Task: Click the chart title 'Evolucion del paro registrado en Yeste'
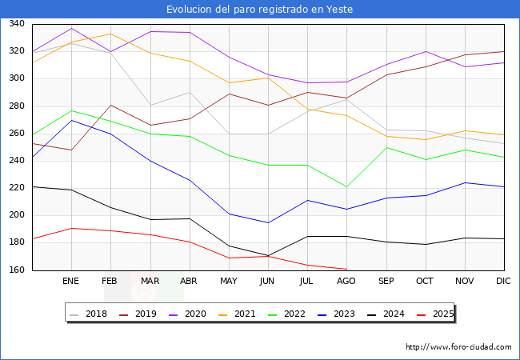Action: [260, 9]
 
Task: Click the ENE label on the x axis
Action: [71, 282]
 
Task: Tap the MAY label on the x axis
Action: [229, 282]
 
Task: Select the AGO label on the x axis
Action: [346, 282]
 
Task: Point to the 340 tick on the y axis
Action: [16, 24]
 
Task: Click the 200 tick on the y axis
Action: [16, 216]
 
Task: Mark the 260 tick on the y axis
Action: [16, 134]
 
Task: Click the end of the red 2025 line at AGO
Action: [346, 269]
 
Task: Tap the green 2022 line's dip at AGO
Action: [346, 187]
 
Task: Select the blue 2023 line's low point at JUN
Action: [268, 222]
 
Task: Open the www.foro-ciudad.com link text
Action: [458, 347]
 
